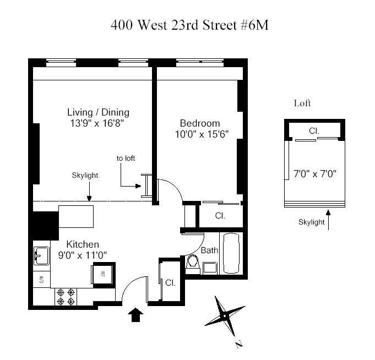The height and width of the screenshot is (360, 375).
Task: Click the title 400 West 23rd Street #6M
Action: [x=189, y=25]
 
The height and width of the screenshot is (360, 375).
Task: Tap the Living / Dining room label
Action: [x=99, y=112]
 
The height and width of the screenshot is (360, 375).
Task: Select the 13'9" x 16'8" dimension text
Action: [x=97, y=123]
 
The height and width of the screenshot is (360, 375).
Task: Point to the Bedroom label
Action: [x=200, y=123]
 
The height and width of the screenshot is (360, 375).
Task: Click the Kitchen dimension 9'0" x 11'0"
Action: [x=83, y=255]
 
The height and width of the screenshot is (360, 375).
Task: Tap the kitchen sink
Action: [x=42, y=256]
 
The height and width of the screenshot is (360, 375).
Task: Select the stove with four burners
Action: [x=66, y=297]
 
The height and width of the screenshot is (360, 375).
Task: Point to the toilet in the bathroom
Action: [x=193, y=264]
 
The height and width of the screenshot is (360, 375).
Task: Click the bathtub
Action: [x=231, y=253]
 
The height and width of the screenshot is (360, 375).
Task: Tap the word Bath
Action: [x=209, y=250]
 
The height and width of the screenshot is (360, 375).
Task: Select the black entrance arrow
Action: [x=135, y=314]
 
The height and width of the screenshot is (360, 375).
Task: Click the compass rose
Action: [x=225, y=316]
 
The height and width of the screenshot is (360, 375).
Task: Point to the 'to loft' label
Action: [x=126, y=158]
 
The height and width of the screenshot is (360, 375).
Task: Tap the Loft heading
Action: [x=302, y=103]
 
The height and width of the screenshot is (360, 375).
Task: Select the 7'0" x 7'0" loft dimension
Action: [x=315, y=174]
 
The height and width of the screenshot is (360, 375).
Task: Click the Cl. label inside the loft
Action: [x=314, y=131]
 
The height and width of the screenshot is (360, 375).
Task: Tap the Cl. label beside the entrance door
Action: [x=170, y=283]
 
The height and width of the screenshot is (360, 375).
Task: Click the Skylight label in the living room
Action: [x=85, y=176]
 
